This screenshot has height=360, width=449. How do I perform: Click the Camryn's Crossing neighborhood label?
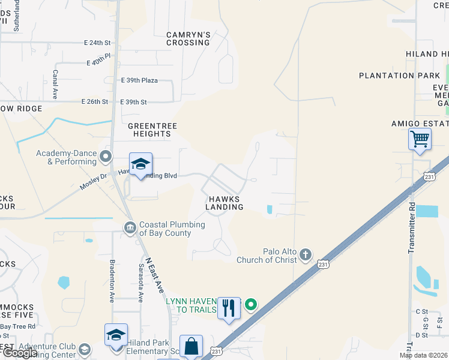click(188, 39)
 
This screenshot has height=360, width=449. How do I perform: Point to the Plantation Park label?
click(395, 76)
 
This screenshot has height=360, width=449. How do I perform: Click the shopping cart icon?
click(420, 139)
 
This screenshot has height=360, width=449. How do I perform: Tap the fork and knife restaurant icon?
click(229, 308)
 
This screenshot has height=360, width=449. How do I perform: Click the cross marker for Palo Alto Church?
click(306, 255)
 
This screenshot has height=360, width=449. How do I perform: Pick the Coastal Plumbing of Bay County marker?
click(130, 227)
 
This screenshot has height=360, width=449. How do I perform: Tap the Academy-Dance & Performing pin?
click(106, 157)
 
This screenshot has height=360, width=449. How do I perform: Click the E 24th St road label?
click(98, 43)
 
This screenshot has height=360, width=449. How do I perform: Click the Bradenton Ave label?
click(112, 280)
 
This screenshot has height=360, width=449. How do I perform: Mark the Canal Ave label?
click(55, 85)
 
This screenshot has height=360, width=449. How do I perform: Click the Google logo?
click(20, 353)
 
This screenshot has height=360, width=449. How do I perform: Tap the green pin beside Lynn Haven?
click(252, 305)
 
